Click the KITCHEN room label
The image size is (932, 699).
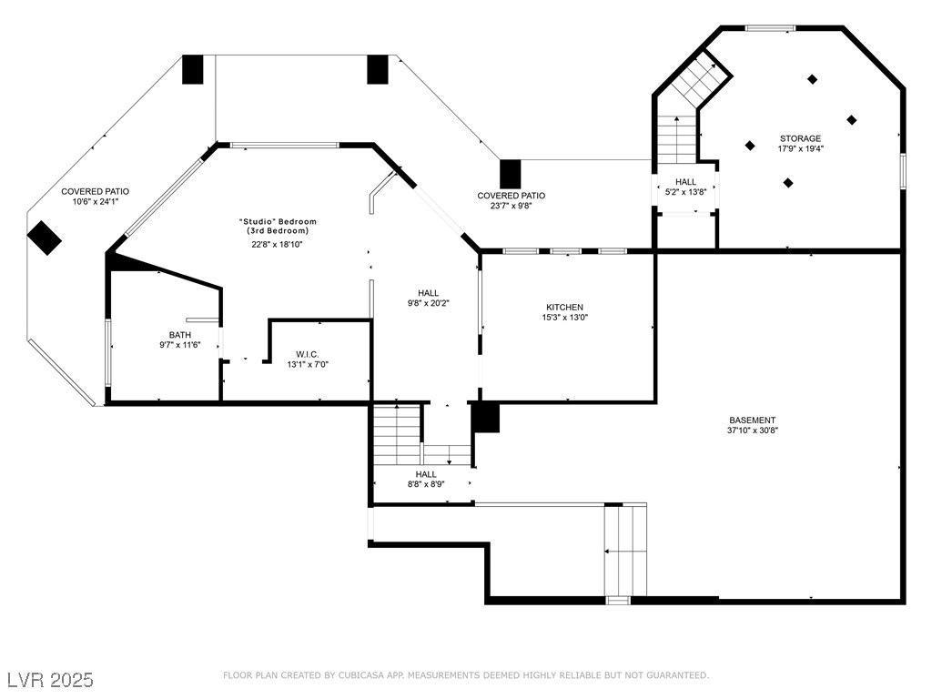click(564, 308)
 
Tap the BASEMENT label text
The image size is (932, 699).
click(753, 420)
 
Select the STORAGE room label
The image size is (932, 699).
click(801, 138)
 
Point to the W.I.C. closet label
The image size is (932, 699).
click(308, 355)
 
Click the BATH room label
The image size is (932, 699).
click(180, 335)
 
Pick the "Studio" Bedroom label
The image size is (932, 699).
click(278, 222)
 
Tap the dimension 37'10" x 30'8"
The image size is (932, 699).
click(753, 431)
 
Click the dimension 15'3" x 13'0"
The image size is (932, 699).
click(564, 318)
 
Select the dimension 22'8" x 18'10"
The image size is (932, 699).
click(278, 244)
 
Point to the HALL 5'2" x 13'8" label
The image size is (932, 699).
click(685, 187)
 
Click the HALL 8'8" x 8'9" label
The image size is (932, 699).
click(426, 479)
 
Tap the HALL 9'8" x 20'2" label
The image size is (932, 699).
click(428, 298)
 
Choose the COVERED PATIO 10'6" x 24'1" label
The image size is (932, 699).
click(95, 197)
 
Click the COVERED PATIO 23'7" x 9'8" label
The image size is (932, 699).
click(512, 200)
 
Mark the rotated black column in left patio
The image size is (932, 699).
click(45, 238)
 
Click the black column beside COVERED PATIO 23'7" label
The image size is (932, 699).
click(510, 174)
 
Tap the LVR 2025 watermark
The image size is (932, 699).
click(51, 680)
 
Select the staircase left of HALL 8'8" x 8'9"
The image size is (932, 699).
click(398, 434)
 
